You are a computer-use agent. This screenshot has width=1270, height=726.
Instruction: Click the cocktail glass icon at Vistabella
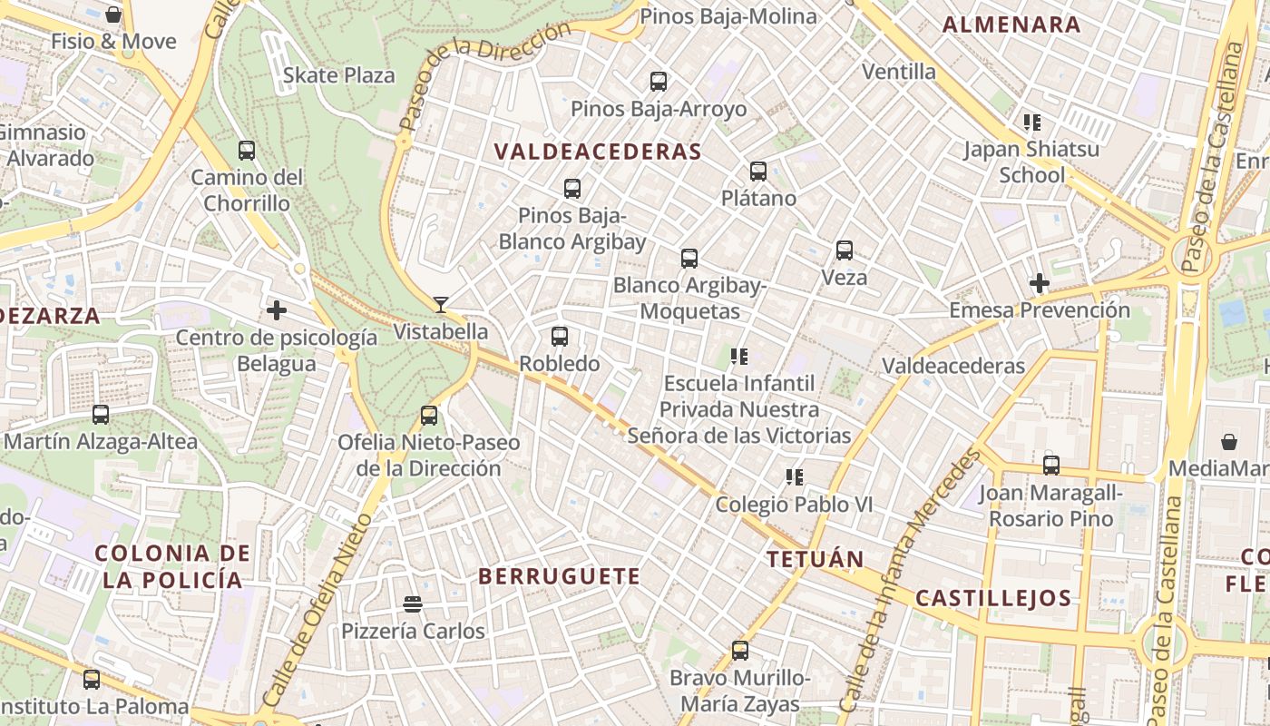click(441, 304)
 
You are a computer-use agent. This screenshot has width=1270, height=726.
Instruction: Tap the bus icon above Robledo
click(560, 337)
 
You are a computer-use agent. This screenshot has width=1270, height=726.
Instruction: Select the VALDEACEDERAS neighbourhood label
click(598, 152)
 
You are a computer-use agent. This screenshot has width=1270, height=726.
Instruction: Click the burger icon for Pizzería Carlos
click(413, 603)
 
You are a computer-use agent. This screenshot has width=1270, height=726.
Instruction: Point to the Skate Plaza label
click(338, 75)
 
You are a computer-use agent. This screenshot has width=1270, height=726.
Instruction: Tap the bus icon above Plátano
click(758, 171)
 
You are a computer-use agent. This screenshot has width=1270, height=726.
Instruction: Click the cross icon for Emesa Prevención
click(1040, 283)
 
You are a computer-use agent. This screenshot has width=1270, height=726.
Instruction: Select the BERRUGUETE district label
click(559, 576)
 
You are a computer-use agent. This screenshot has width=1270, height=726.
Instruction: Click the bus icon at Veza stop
click(845, 250)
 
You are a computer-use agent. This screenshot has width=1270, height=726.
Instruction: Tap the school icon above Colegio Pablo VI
click(795, 477)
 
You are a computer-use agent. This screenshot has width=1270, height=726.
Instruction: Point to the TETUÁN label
click(815, 560)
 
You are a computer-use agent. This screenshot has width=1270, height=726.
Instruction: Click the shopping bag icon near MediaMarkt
click(1229, 442)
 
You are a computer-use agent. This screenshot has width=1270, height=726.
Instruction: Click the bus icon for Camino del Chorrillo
click(247, 150)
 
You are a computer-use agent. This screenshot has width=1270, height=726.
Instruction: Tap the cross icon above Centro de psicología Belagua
click(277, 310)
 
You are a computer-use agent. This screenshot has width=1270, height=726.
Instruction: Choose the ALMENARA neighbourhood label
click(1011, 25)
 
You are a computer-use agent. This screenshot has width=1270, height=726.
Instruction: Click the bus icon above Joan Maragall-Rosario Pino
click(1051, 465)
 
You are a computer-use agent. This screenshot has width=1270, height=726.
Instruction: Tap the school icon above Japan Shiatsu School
click(1031, 122)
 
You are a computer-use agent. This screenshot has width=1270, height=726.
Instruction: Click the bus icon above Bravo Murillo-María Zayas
click(740, 650)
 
